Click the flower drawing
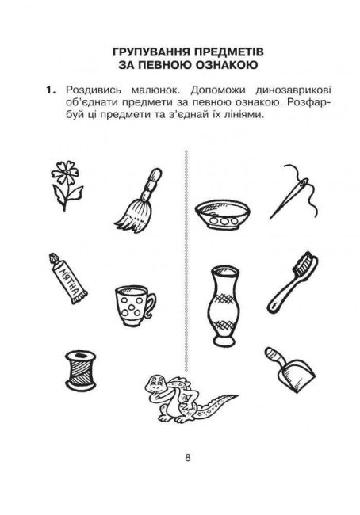coord(66,185)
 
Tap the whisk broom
coord(139,201)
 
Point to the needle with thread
coord(293,192)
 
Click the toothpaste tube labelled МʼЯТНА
coord(67,278)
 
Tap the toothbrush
coord(293,282)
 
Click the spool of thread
coord(81,371)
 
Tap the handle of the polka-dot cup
coord(151,304)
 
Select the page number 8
coord(187,458)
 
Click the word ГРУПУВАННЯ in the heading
coord(150,51)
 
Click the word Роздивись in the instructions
coord(94,90)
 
